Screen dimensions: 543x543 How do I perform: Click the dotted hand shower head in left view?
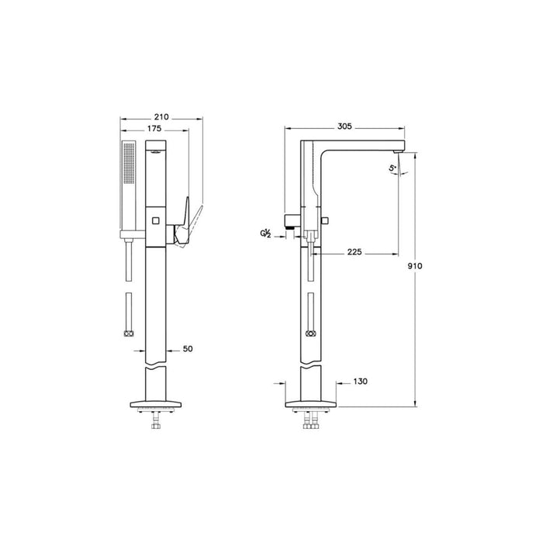pos(127,185)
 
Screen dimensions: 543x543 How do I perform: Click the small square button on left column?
pos(155,221)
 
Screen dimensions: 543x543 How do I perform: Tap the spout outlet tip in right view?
pos(399,148)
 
